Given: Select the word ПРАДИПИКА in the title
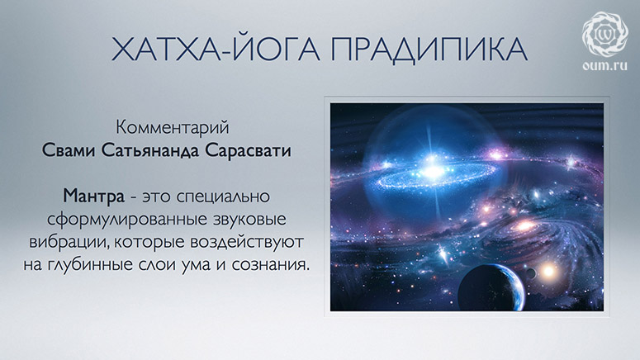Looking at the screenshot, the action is click(x=429, y=50).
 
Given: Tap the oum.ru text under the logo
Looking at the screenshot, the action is click(x=604, y=65).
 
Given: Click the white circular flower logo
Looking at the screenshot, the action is click(x=604, y=34).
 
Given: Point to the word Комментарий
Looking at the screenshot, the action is click(x=173, y=127).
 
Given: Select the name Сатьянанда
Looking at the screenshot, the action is click(x=150, y=150).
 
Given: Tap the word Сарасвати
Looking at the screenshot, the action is click(x=248, y=150).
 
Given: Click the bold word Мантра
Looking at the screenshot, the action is click(x=93, y=196).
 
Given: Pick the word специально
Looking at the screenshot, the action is click(x=223, y=197).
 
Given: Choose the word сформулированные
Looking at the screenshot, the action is click(x=127, y=220).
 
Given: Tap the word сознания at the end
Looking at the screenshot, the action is click(x=270, y=265).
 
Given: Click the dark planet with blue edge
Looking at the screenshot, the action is click(x=491, y=288).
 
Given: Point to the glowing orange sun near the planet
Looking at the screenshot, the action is click(x=548, y=270).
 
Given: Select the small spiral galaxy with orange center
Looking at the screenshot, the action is click(x=524, y=225).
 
